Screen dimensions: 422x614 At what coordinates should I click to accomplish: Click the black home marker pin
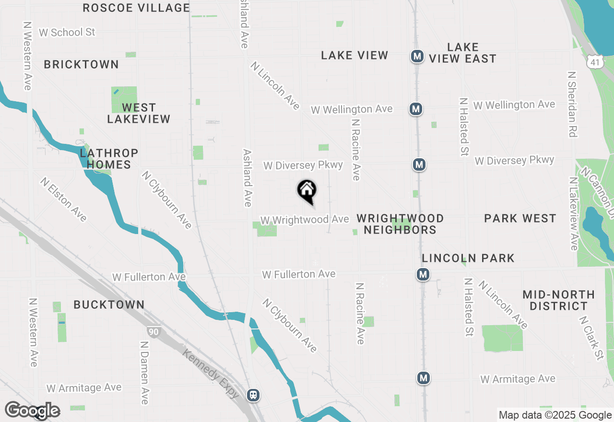point(307,191)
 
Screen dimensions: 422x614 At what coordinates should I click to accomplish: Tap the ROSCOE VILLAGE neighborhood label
point(136,8)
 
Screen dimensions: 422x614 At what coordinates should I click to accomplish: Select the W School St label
point(67,32)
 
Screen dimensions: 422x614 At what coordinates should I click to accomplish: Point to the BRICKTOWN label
point(81,64)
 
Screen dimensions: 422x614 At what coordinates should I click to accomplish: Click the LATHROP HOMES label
point(109,159)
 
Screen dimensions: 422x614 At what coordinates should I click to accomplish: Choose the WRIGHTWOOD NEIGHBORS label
point(400,224)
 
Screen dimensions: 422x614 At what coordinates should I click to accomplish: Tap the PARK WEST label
point(520,219)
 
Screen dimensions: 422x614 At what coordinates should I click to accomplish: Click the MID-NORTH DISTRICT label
point(558,300)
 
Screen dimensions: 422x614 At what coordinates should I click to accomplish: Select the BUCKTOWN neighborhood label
point(109,305)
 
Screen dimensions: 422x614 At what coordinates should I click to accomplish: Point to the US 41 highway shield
point(595,61)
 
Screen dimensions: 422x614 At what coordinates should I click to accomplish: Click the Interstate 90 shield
point(153,332)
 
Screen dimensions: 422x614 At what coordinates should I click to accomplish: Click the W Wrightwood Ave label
point(305,220)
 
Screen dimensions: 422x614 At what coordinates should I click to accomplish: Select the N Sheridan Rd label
point(571,105)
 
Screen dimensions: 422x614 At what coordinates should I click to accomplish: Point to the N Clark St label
point(591,338)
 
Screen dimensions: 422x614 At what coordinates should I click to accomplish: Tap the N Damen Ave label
point(144,373)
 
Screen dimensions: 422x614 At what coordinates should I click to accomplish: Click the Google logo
point(32,411)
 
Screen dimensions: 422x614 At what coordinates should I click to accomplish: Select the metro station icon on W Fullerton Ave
point(423,275)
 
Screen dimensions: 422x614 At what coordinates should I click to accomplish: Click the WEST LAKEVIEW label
point(139,113)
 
